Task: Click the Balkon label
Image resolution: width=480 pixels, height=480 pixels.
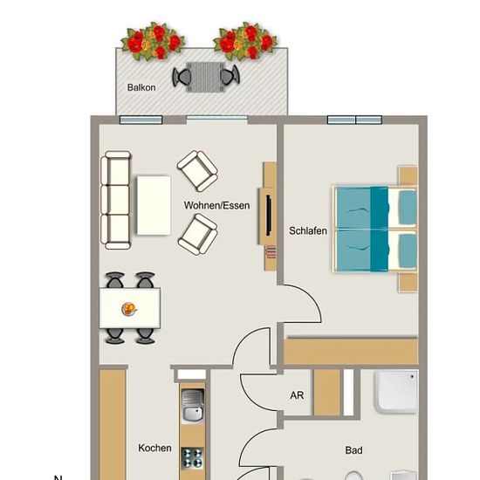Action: (x=141, y=87)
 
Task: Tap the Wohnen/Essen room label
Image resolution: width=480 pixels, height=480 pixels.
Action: (x=216, y=205)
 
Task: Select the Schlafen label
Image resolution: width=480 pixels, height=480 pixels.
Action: (x=308, y=230)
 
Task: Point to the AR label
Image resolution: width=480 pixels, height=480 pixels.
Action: (x=297, y=395)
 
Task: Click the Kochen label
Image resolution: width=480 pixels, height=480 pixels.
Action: (x=154, y=448)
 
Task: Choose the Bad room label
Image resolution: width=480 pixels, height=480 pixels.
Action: (x=353, y=450)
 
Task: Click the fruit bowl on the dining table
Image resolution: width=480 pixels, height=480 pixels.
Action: (x=129, y=309)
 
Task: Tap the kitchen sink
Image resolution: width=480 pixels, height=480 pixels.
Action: (x=193, y=405)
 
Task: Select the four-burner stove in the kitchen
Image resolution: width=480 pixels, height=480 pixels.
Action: (x=192, y=458)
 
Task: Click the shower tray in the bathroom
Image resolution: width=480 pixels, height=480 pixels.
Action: (x=396, y=391)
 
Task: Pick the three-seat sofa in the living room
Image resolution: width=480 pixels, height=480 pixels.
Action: (x=116, y=200)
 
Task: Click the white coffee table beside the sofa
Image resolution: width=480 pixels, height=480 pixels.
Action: (x=154, y=205)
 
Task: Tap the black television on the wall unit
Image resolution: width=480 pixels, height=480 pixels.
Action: (x=269, y=216)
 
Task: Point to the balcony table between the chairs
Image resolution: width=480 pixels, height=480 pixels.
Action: (x=206, y=77)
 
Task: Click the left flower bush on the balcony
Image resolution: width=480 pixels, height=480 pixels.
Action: (x=153, y=41)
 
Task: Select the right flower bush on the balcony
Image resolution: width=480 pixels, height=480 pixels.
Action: (x=245, y=41)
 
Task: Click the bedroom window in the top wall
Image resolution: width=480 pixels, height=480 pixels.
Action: (x=354, y=120)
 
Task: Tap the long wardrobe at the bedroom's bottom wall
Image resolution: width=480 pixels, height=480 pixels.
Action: (x=351, y=351)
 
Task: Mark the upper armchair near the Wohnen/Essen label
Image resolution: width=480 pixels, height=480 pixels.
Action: (x=197, y=171)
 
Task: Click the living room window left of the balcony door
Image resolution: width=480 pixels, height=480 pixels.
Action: (x=141, y=120)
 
